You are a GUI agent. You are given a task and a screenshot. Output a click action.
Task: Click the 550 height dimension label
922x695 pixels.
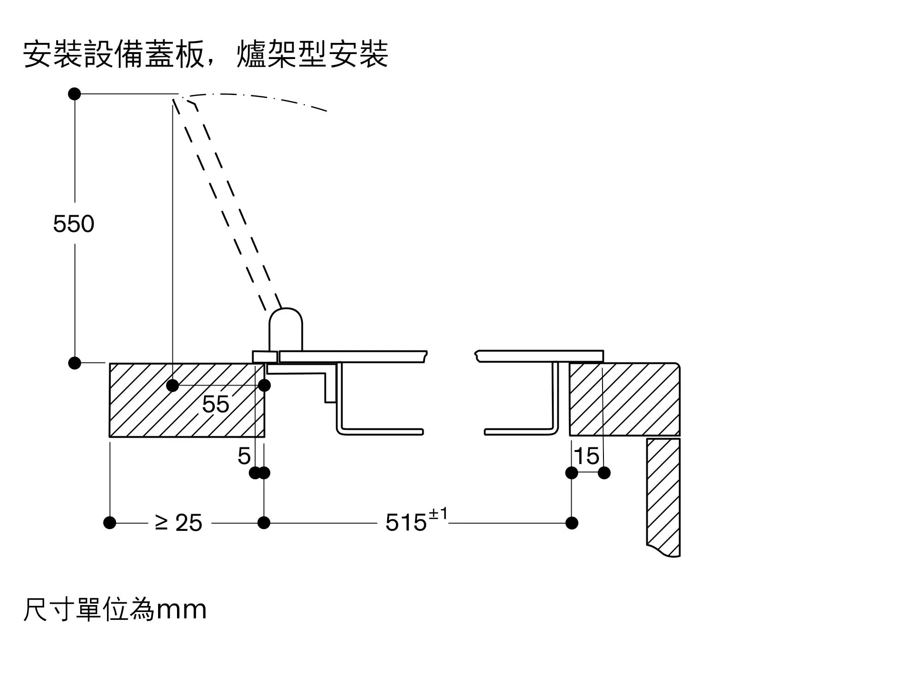click(74, 224)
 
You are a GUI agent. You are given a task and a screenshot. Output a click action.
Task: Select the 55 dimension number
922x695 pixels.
click(215, 404)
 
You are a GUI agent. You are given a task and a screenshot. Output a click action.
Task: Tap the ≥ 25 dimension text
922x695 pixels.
click(179, 523)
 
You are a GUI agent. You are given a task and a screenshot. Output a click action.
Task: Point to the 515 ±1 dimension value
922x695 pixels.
click(416, 521)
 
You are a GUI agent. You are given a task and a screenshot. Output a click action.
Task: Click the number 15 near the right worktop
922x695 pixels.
click(586, 456)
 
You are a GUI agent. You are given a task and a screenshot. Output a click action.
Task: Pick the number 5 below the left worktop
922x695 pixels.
click(244, 456)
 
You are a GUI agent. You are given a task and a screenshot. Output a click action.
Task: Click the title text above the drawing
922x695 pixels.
click(206, 55)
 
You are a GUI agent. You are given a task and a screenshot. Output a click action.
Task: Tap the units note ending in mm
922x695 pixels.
click(115, 610)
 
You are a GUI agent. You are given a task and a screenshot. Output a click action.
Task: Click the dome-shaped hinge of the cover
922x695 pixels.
click(286, 329)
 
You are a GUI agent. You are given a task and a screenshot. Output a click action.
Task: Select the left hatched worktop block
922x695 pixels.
click(187, 400)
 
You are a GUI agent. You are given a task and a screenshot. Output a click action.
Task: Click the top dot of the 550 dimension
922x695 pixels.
click(75, 94)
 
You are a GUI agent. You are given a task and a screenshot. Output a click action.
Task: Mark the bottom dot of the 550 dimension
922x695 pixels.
click(75, 363)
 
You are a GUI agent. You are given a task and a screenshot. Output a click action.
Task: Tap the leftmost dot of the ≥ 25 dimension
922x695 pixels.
click(110, 523)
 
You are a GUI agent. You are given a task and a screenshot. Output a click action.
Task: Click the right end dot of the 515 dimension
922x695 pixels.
click(572, 523)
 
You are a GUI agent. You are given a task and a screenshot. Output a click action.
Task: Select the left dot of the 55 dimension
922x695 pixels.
click(172, 385)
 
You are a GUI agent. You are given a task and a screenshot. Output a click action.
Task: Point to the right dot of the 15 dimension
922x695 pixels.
click(604, 473)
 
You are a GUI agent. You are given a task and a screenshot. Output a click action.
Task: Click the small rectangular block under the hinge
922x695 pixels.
click(265, 357)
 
